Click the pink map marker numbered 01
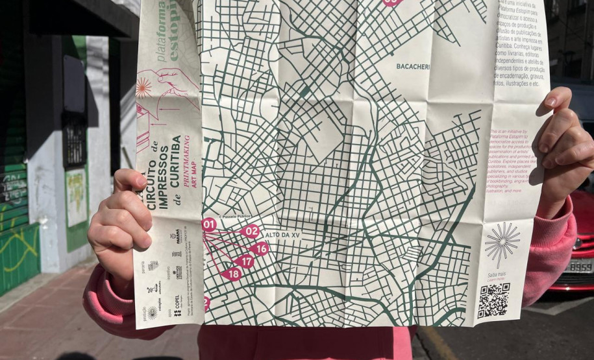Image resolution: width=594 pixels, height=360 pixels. [209, 225]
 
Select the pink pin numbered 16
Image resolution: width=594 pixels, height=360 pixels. [259, 248]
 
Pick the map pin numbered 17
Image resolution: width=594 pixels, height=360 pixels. [245, 261]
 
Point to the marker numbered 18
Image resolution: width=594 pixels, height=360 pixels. [233, 274]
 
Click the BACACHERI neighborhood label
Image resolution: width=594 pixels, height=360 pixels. [414, 66]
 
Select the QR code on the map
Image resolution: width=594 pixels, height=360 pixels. [493, 300]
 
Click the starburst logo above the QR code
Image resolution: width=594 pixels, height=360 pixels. [502, 241]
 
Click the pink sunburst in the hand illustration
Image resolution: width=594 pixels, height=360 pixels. [143, 88]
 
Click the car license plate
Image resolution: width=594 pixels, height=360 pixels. [580, 266]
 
